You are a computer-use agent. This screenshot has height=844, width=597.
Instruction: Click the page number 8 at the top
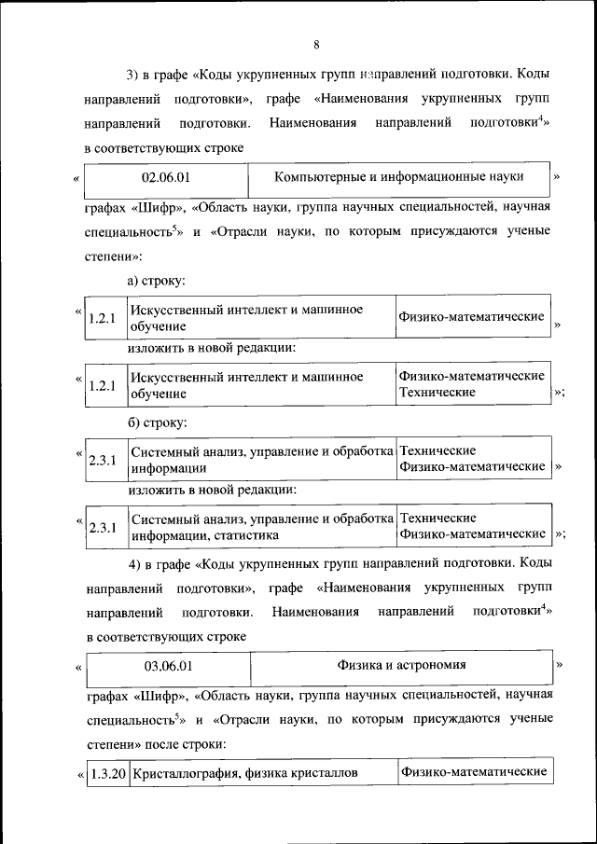tap(316, 45)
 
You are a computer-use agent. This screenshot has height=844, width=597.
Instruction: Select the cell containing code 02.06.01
tap(165, 176)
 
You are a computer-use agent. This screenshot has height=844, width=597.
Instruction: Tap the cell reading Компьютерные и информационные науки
tap(398, 176)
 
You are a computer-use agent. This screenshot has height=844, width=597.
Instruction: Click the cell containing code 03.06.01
tap(168, 666)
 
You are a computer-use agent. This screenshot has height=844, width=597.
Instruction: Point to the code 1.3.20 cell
tap(108, 773)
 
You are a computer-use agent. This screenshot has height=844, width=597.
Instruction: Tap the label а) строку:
tap(157, 279)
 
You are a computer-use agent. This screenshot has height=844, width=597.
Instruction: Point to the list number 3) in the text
tap(133, 74)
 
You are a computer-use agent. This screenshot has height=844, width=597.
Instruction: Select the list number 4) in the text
tap(133, 563)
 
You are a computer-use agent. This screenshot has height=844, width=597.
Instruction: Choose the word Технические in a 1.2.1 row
tap(437, 393)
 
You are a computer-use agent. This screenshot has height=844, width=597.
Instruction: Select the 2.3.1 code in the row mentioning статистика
tap(102, 528)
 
